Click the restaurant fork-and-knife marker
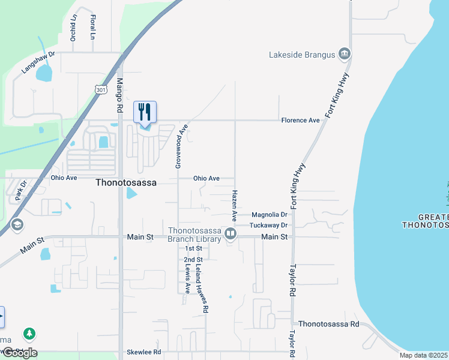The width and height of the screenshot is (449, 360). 145,112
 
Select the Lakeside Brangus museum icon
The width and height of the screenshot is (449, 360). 345,55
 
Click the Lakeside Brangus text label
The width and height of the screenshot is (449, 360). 301,55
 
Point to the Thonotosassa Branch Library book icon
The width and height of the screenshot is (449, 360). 230,232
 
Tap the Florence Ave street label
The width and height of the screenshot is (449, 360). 301,121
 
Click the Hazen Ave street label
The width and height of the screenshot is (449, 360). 234,205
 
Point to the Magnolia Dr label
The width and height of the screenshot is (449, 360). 270,214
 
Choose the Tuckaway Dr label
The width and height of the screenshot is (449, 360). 269,225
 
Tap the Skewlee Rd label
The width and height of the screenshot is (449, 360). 144,352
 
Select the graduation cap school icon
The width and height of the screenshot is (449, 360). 17,225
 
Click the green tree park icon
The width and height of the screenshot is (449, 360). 28,333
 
